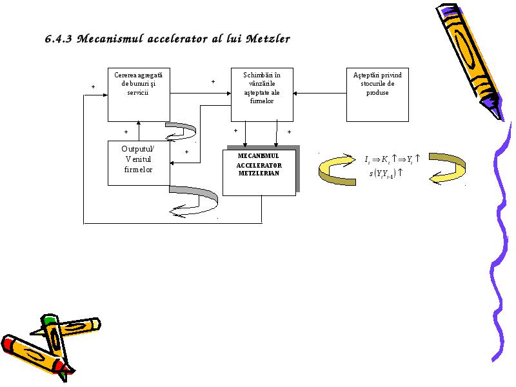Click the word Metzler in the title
point(268,39)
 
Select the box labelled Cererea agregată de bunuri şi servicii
point(139,95)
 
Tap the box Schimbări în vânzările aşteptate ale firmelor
point(262,95)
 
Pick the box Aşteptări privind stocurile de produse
point(377,95)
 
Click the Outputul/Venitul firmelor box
point(139,163)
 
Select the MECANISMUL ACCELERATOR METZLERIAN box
point(259,173)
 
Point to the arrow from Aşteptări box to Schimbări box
point(320,94)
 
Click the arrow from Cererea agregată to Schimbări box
point(201,94)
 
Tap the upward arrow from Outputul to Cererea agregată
point(139,131)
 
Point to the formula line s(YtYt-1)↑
point(386,173)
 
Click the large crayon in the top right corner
point(470,61)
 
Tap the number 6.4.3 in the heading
point(58,39)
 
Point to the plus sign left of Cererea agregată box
point(93,87)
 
